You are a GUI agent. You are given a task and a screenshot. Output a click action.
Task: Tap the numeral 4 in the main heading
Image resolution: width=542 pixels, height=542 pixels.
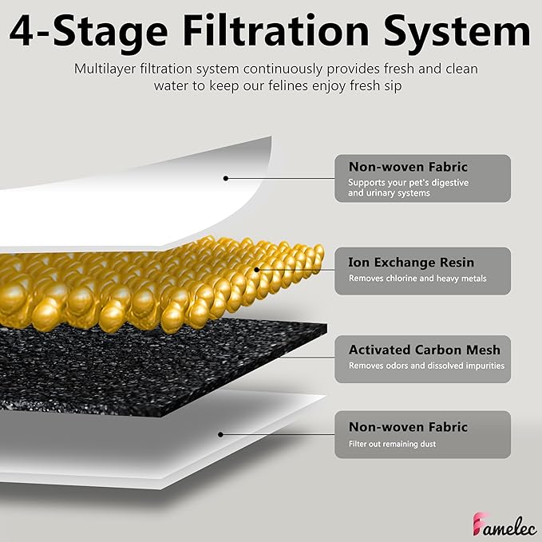click(x=21, y=31)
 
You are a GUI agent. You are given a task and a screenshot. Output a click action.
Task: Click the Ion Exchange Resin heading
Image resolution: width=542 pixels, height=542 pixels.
click(x=411, y=263)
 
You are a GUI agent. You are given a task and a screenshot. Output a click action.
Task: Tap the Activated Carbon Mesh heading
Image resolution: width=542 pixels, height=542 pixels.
click(x=425, y=350)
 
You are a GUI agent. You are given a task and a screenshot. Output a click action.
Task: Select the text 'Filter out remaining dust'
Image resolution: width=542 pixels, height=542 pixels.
click(x=392, y=444)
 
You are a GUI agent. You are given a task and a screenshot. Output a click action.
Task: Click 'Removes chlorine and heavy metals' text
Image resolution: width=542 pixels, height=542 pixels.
click(x=417, y=279)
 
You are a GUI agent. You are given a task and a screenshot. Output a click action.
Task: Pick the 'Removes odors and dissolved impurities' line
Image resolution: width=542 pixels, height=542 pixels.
click(x=426, y=366)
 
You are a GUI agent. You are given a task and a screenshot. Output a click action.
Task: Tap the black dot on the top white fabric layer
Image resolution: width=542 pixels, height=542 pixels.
click(x=226, y=178)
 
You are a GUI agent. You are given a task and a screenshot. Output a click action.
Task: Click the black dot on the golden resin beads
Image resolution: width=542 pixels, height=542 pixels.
click(x=256, y=270)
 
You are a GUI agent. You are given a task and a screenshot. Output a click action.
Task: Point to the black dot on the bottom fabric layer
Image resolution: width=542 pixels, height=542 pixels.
click(x=220, y=434)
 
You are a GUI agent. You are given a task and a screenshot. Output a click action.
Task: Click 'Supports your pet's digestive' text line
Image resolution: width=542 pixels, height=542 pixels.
click(x=408, y=183)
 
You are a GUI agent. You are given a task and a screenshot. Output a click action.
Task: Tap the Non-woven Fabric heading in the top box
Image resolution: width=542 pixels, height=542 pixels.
click(x=408, y=167)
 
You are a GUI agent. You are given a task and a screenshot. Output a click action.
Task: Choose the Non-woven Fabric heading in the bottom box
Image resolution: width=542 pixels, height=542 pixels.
click(x=408, y=427)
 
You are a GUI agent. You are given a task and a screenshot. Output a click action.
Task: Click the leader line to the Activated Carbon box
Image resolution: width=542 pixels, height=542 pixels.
click(x=307, y=358)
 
